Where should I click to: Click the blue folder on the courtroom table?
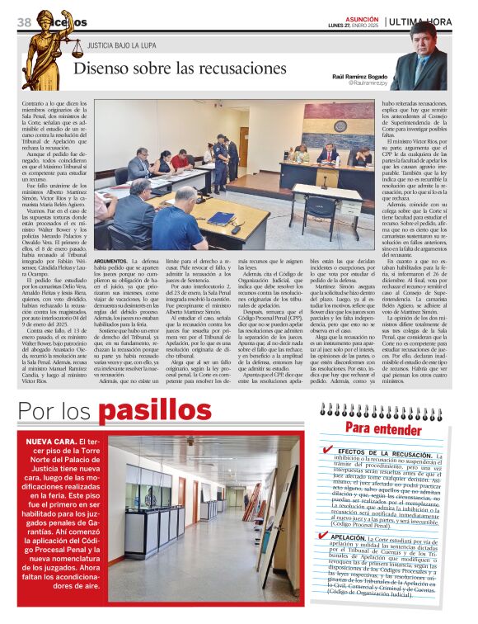[x=221, y=219]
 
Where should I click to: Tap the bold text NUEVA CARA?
[x=52, y=442]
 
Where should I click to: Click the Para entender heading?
[x=377, y=428]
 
